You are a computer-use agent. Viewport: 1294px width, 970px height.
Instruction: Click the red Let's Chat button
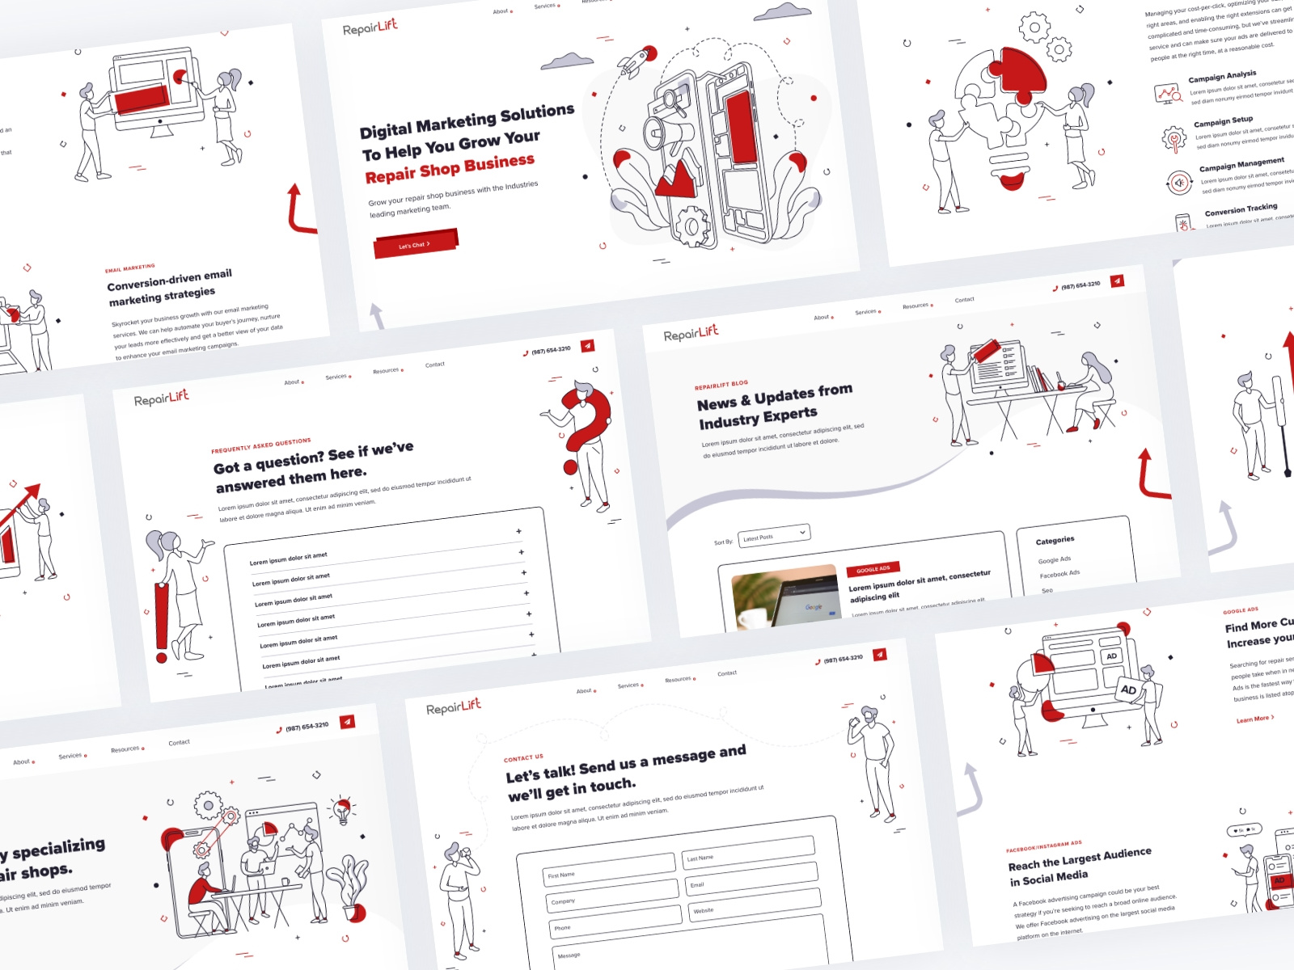pyautogui.click(x=415, y=243)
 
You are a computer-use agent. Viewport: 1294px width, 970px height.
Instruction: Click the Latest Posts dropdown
pyautogui.click(x=774, y=534)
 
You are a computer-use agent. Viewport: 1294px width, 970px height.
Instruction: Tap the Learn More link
pyautogui.click(x=1254, y=719)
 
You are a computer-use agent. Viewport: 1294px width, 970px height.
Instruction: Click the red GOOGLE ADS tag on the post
pyautogui.click(x=873, y=568)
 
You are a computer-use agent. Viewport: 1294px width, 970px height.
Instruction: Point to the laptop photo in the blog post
pyautogui.click(x=784, y=598)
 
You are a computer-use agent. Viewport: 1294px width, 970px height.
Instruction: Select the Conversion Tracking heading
pyautogui.click(x=1241, y=209)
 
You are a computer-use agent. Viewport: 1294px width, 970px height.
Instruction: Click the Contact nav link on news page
pyautogui.click(x=964, y=300)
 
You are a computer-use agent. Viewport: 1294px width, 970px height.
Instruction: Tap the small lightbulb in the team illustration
pyautogui.click(x=343, y=809)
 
